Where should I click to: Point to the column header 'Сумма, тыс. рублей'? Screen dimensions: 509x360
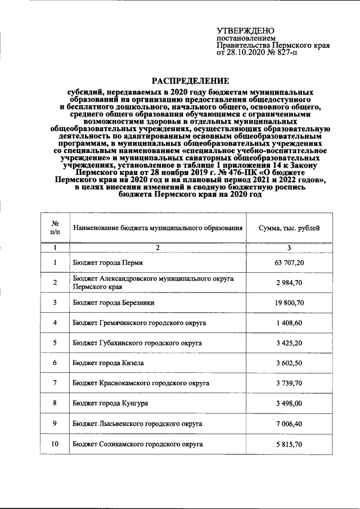tap(289, 228)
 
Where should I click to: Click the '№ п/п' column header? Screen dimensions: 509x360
tap(55, 228)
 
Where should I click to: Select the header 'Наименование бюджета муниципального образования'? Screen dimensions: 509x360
tap(157, 228)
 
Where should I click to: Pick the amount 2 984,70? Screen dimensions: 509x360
tap(290, 282)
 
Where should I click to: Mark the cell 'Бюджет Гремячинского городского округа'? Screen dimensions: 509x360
tap(139, 323)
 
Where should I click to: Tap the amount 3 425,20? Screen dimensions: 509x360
tap(290, 343)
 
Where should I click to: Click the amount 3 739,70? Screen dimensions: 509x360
tap(290, 383)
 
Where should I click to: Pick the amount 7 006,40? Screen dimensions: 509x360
tap(290, 424)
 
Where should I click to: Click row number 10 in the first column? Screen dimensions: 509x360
tap(55, 444)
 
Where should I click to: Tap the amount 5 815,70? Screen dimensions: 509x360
tap(290, 444)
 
